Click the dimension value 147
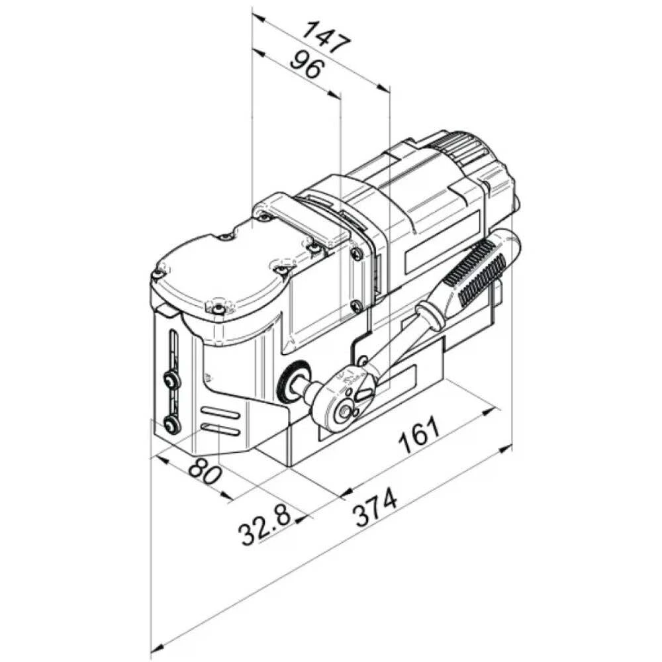coord(327,38)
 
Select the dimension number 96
coord(307,64)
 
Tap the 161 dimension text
coord(419,435)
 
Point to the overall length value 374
coord(375,508)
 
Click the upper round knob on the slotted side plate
coord(171,380)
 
